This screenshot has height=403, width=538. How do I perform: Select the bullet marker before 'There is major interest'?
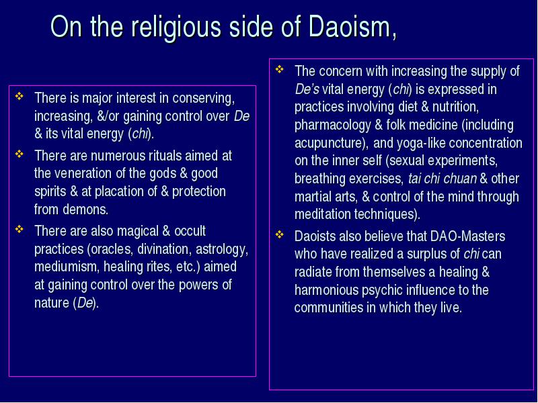click(x=20, y=96)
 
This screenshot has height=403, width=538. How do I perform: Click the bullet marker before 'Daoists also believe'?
click(x=280, y=234)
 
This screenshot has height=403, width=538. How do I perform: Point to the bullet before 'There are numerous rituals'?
click(x=20, y=154)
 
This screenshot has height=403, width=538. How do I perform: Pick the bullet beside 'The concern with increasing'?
click(x=280, y=69)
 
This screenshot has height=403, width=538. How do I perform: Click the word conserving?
click(x=204, y=99)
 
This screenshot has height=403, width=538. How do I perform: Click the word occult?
click(x=190, y=231)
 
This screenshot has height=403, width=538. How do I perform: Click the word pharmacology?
click(x=332, y=125)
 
